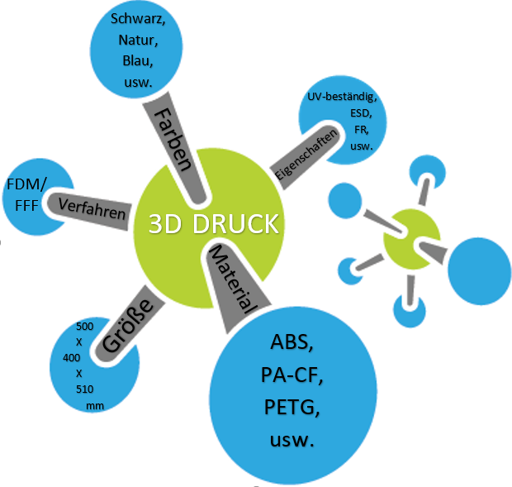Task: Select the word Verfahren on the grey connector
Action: [x=92, y=208]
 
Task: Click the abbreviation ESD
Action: [x=361, y=114]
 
